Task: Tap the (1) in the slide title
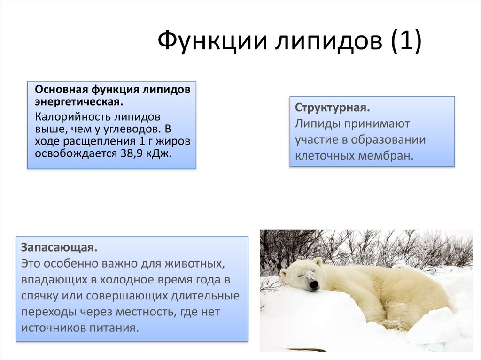tap(406, 41)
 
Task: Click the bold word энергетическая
tap(79, 102)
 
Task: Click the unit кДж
tap(158, 153)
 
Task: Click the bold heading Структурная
tap(333, 107)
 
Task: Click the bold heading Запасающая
tap(59, 247)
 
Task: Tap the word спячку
tap(39, 296)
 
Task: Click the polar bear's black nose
tap(314, 285)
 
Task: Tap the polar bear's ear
tap(317, 262)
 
